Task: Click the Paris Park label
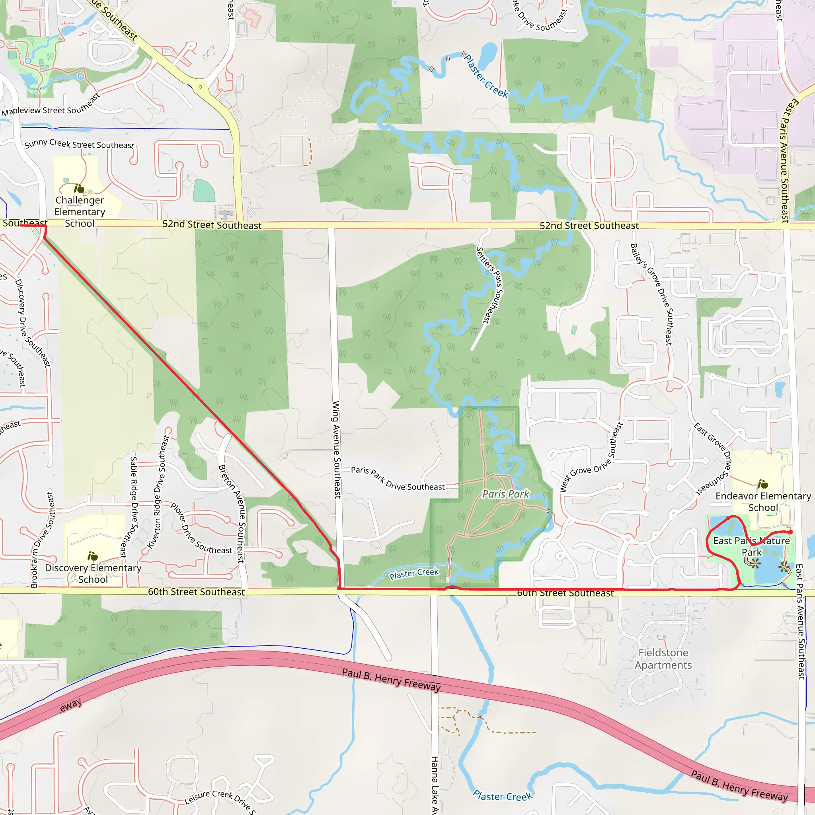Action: pos(505,494)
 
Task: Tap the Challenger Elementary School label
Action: pos(80,212)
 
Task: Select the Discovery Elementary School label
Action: pos(93,574)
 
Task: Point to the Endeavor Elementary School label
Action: pos(763,501)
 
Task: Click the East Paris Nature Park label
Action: pos(751,546)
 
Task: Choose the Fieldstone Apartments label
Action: pos(663,659)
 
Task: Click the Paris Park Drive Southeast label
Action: pos(398,479)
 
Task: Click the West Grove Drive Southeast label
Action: pos(591,458)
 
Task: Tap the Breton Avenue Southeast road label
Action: pos(232,513)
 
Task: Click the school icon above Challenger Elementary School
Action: pos(79,188)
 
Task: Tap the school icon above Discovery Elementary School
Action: pos(92,556)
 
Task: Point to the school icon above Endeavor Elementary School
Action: pos(763,484)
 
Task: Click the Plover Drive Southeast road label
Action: pos(201,528)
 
